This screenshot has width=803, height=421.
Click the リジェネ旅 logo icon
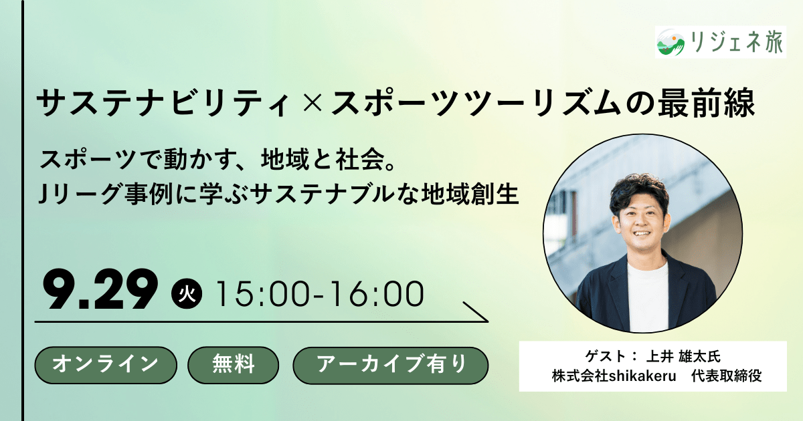click(x=671, y=43)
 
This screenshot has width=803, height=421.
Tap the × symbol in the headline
click(x=310, y=103)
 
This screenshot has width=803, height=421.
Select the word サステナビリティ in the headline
click(x=163, y=103)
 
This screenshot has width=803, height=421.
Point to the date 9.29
click(x=100, y=289)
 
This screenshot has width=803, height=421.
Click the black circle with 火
click(x=187, y=293)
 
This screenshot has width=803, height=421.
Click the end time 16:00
click(x=377, y=294)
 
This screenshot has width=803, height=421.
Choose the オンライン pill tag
click(x=106, y=365)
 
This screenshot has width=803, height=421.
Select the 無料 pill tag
click(x=234, y=365)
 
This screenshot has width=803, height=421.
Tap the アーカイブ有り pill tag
click(x=391, y=365)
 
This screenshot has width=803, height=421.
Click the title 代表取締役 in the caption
click(x=726, y=376)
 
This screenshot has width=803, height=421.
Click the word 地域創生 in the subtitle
click(x=470, y=194)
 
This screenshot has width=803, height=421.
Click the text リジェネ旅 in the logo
click(x=736, y=43)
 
